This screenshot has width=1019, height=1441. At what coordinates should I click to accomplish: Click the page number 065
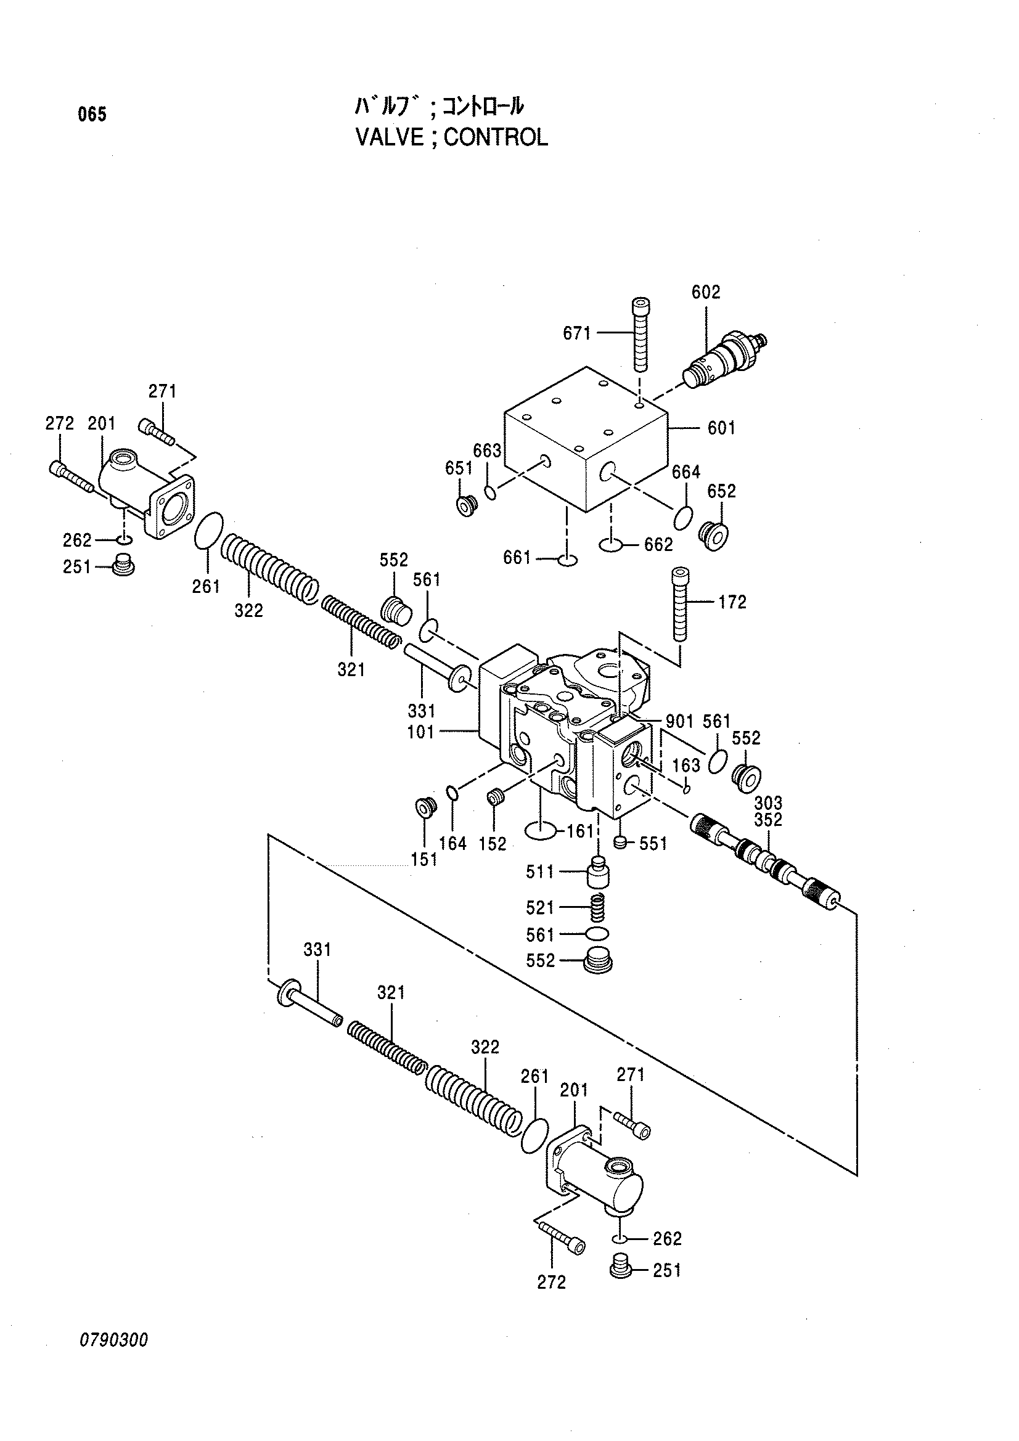(x=92, y=115)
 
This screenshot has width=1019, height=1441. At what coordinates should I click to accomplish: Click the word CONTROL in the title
(x=496, y=137)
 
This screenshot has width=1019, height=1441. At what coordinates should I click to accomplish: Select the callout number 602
(x=706, y=292)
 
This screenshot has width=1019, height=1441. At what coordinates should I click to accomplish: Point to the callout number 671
(x=577, y=333)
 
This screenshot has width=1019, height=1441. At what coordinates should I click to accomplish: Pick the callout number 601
(x=721, y=428)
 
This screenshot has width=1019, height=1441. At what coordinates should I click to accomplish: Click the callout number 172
(x=732, y=603)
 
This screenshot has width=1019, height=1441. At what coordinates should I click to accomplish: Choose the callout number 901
(x=679, y=722)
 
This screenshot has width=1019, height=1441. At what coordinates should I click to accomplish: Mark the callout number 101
(x=420, y=732)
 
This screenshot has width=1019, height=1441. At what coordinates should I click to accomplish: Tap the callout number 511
(x=541, y=872)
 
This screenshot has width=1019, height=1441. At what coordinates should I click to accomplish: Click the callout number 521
(x=541, y=907)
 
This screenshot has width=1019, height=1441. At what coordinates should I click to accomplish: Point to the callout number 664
(x=685, y=472)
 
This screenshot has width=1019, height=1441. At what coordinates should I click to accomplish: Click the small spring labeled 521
(x=599, y=908)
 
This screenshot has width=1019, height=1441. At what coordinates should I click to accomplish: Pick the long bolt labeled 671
(x=640, y=335)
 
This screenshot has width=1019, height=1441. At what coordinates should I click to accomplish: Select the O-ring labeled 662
(x=611, y=545)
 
